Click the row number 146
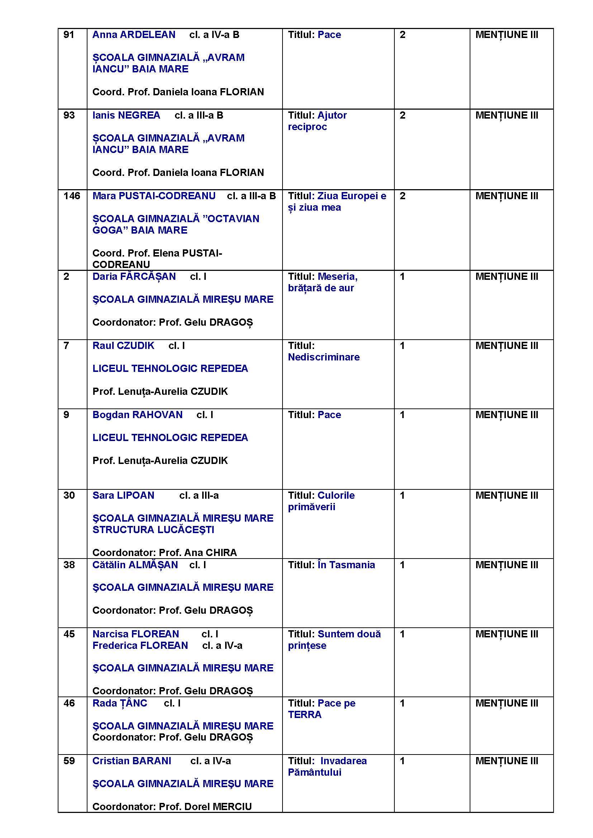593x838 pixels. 72,196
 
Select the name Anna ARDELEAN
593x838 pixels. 134,35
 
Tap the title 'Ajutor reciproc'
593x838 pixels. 317,121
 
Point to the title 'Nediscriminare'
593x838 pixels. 323,357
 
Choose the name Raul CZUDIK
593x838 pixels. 123,346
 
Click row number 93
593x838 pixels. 69,115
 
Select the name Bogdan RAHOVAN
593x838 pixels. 137,415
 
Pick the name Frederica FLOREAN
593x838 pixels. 140,646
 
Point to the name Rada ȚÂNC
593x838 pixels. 120,703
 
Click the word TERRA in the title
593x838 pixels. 304,715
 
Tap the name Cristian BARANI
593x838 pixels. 132,761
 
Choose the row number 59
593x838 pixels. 69,761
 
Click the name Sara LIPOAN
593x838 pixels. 123,495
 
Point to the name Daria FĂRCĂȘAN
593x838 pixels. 134,277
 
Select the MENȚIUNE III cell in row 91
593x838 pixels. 507,35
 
